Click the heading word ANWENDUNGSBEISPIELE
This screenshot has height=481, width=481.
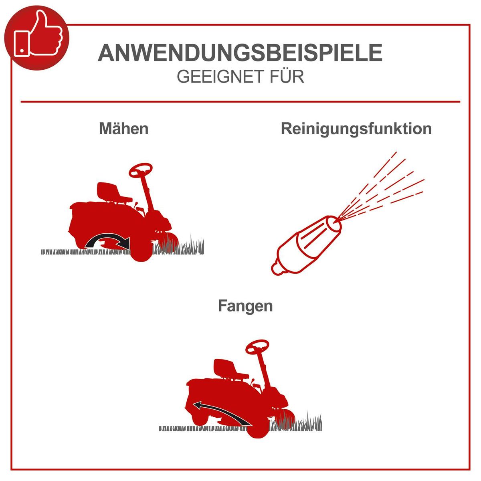click(240, 53)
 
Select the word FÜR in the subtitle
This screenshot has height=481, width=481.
click(287, 76)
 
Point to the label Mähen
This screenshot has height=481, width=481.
click(124, 129)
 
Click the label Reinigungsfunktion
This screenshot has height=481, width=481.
click(356, 129)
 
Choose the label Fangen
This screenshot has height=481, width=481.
click(245, 306)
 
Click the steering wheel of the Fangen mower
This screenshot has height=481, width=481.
click(257, 346)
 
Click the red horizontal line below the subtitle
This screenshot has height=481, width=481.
click(240, 102)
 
